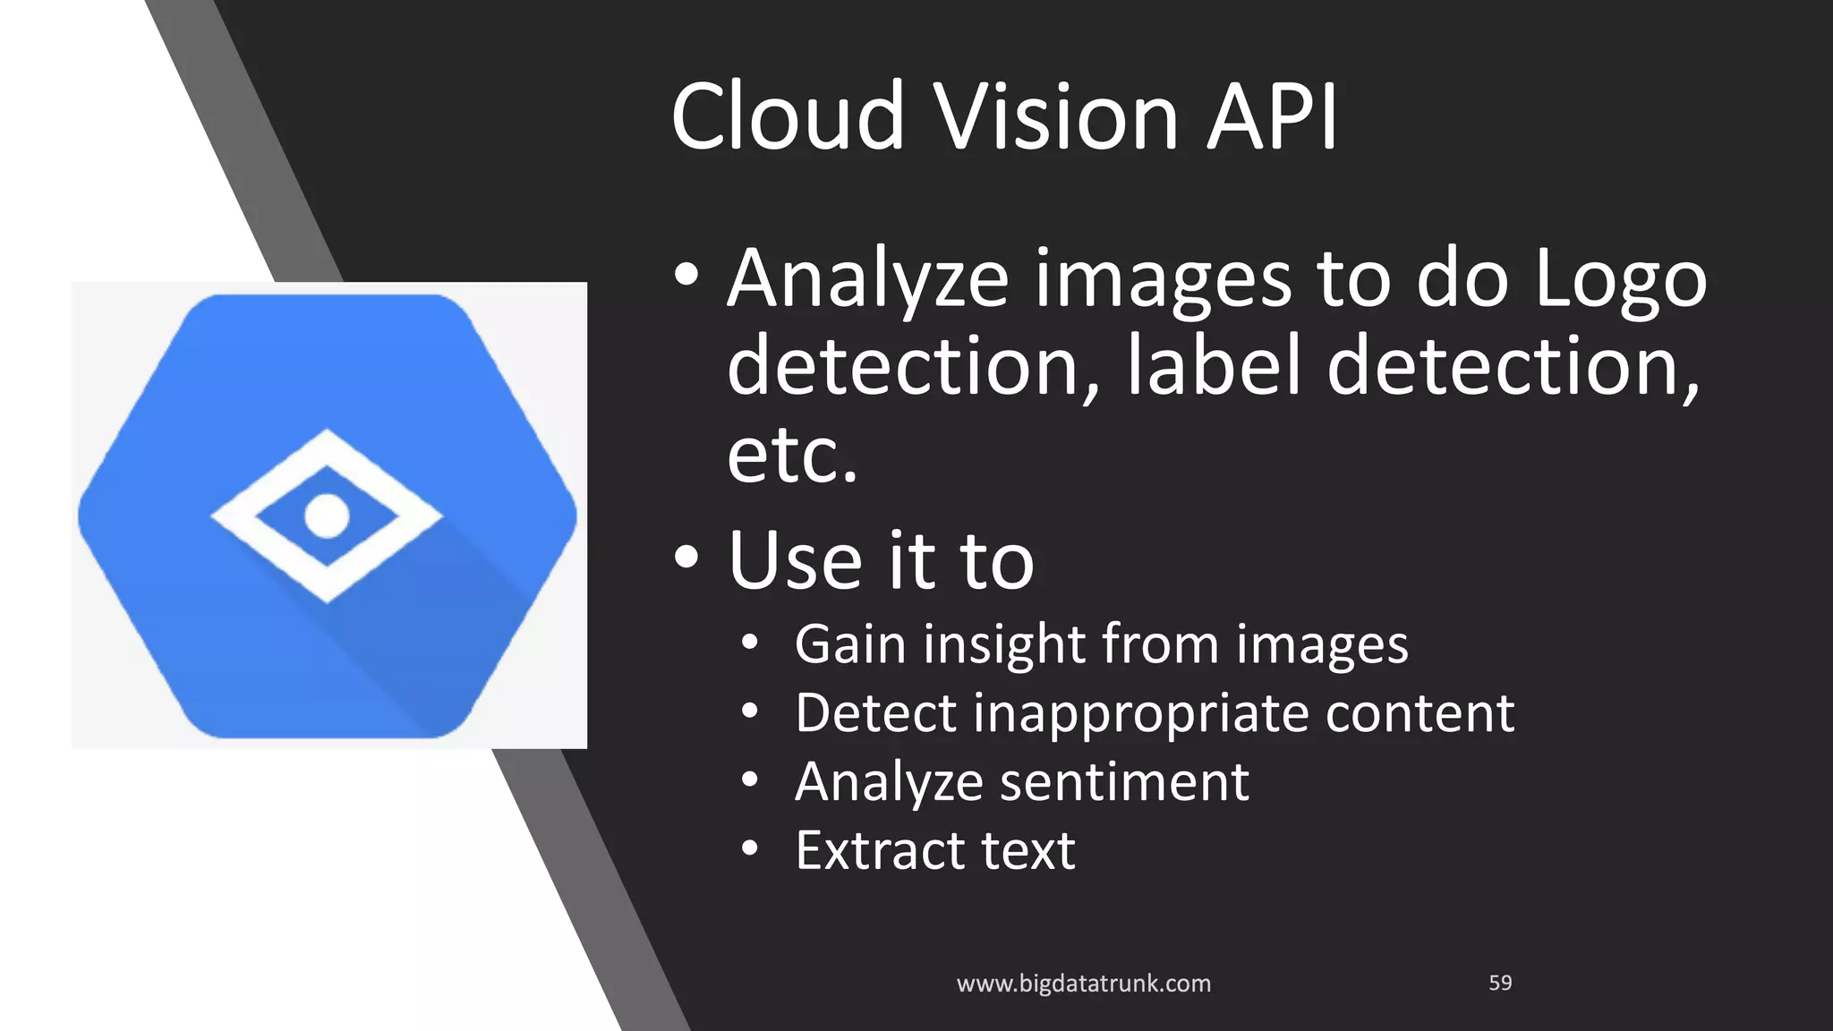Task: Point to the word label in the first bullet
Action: (1213, 365)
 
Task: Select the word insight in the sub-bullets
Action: (1004, 644)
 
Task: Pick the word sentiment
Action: (1123, 782)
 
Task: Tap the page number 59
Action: (1500, 983)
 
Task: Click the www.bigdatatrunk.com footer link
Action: (1083, 984)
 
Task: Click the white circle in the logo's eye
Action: (327, 515)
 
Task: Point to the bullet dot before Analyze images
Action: (686, 275)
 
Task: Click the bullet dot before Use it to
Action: (686, 558)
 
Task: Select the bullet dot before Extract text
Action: (750, 848)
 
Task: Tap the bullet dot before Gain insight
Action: (750, 642)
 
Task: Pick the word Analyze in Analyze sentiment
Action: (889, 782)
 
